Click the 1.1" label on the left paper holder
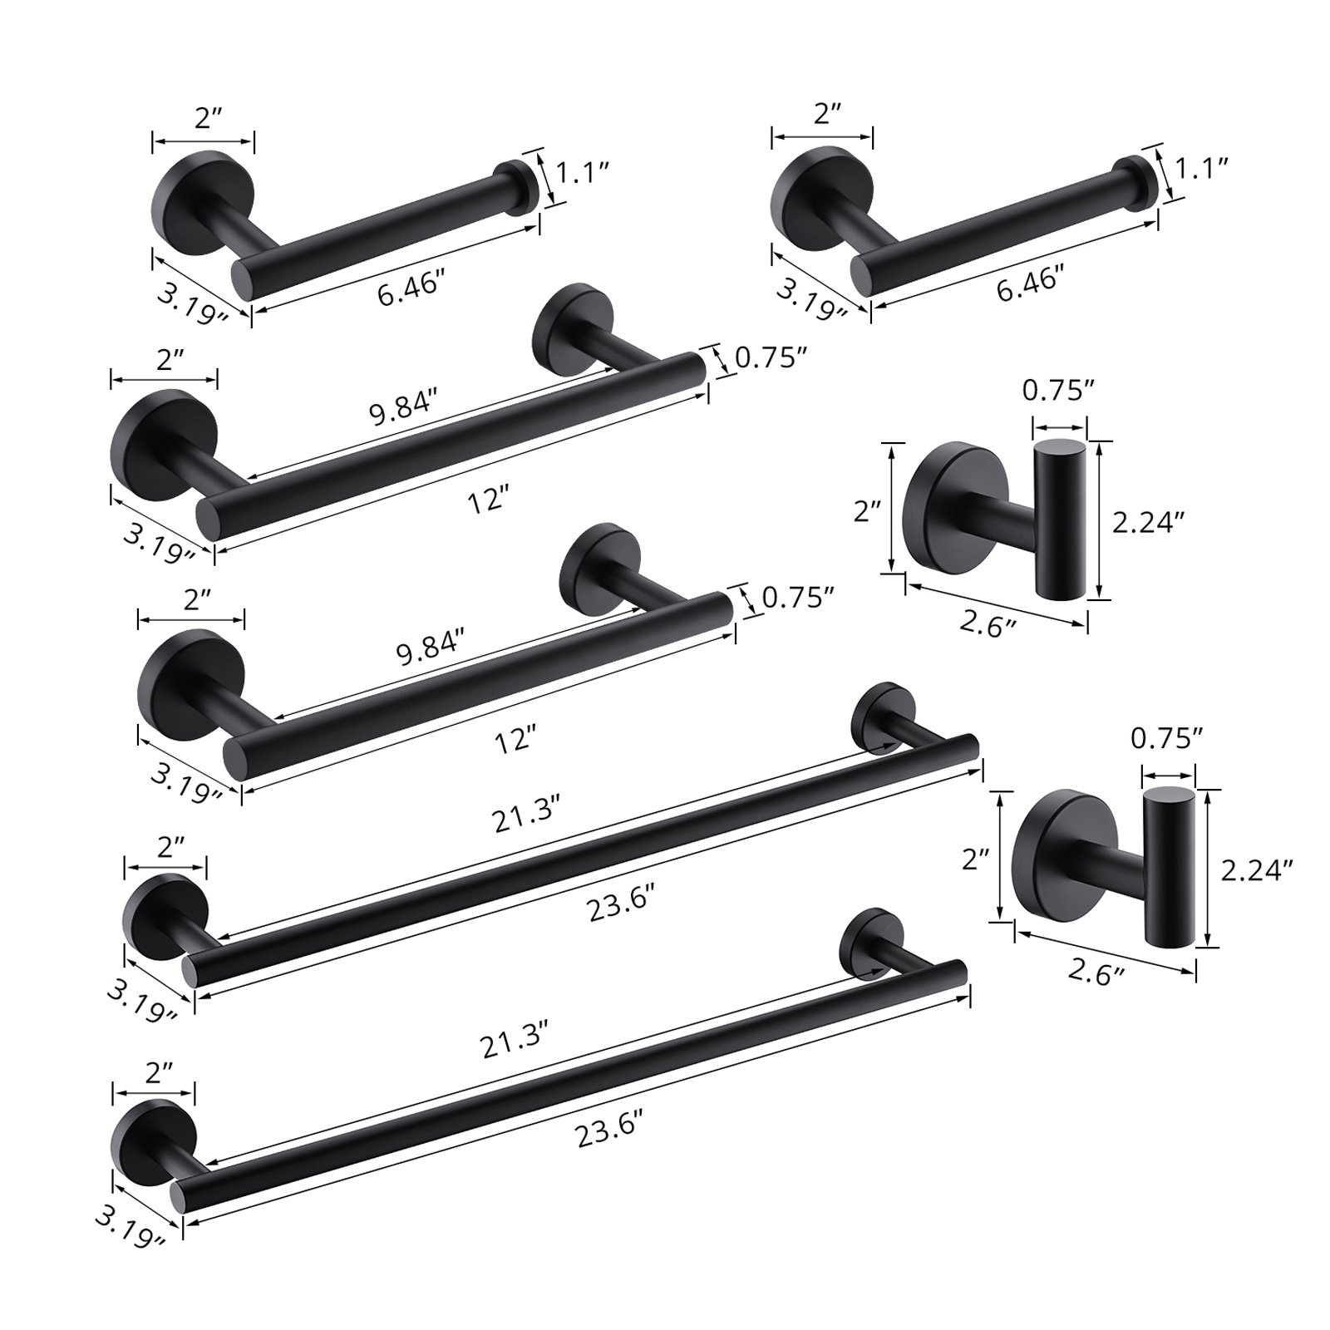click(x=583, y=173)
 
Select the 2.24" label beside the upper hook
click(x=1148, y=522)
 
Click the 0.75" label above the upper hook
click(x=1059, y=391)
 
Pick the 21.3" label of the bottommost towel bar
click(x=515, y=1041)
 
